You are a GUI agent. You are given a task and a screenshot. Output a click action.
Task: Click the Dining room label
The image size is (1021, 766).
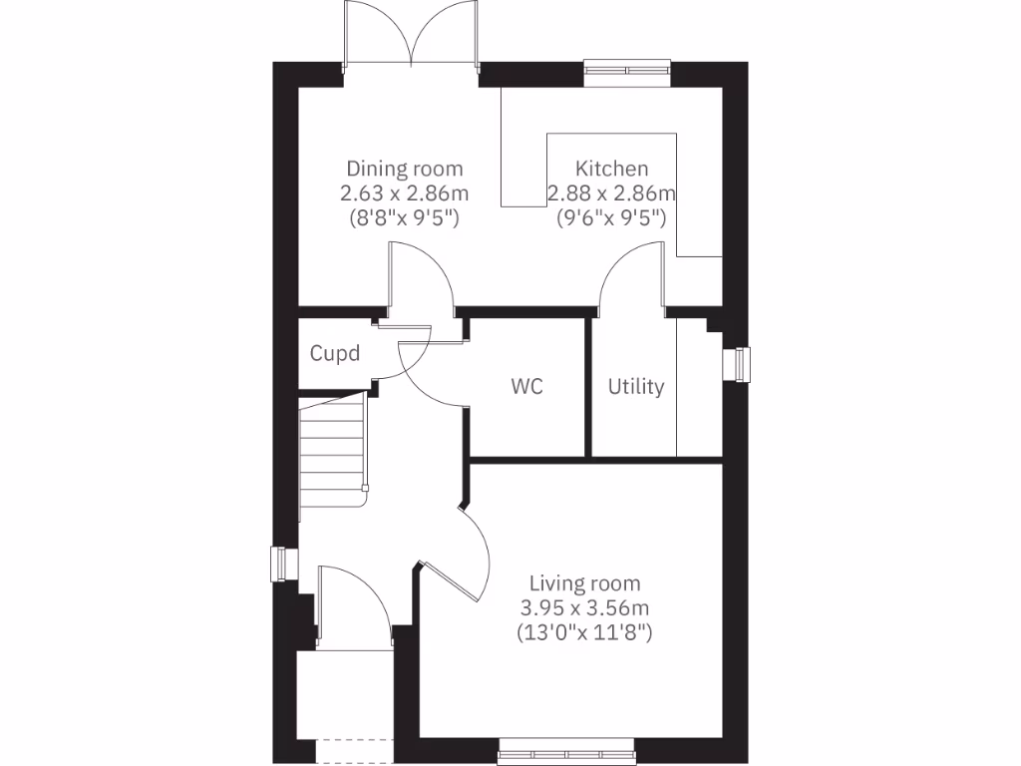404,169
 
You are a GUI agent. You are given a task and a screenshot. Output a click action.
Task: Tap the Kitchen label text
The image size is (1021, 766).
611,169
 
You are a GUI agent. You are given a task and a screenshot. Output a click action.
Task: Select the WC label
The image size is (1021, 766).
527,386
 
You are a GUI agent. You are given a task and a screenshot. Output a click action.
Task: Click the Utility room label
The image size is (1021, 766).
636,386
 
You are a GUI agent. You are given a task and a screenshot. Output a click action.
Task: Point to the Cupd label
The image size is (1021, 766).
334,353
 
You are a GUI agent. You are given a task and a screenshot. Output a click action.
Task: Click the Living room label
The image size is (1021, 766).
584,583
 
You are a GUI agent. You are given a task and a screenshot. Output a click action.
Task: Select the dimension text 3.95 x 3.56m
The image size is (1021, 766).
584,607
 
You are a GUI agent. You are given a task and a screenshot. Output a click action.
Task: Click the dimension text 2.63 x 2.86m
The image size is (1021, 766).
404,192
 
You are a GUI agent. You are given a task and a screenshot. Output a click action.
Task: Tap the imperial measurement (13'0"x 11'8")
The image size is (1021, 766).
584,631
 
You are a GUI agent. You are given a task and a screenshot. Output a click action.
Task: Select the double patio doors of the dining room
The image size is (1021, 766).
411,38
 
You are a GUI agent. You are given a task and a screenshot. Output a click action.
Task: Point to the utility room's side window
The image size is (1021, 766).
739,363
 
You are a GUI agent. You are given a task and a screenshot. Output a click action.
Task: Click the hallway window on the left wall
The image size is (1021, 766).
282,564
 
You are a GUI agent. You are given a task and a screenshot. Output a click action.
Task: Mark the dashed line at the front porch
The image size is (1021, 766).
354,739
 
